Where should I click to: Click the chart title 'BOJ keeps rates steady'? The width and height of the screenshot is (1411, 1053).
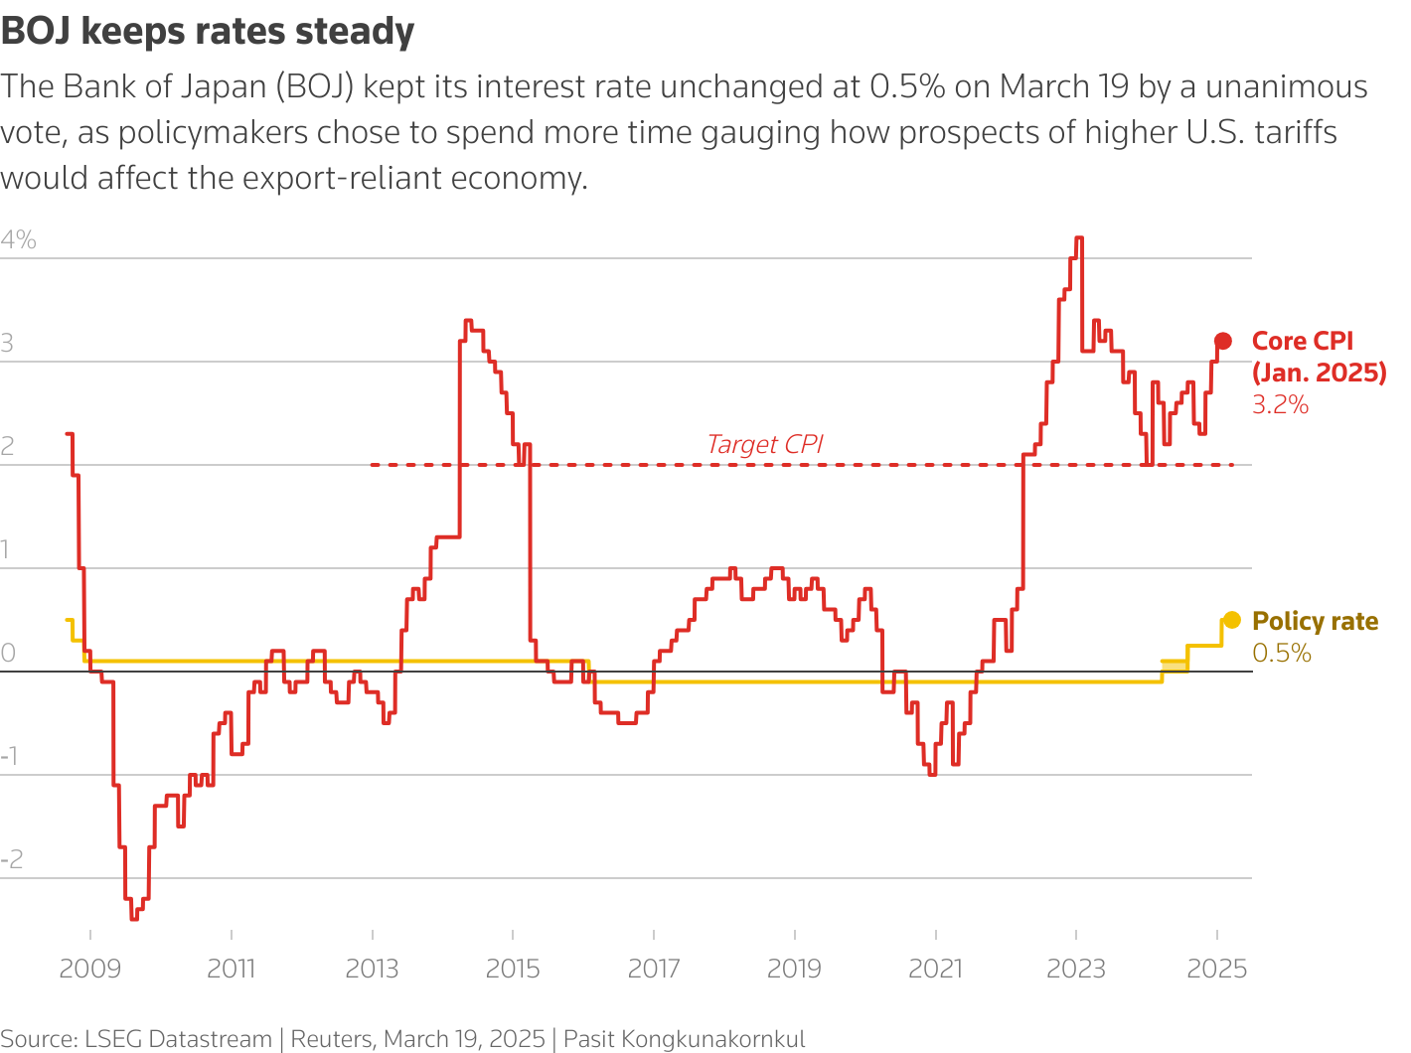pos(208,32)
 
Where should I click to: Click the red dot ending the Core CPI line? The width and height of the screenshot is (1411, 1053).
pos(1223,341)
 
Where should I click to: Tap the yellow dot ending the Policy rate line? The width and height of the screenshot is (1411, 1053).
pos(1232,620)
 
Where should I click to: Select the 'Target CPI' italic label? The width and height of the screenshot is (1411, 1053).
pos(764,444)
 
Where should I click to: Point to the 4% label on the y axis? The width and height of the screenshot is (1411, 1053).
pos(19,239)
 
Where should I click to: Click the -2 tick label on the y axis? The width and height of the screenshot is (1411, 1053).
pos(12,859)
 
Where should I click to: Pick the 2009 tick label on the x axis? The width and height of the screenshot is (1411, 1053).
pos(89,968)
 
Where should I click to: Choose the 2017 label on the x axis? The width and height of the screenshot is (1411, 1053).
pos(654,968)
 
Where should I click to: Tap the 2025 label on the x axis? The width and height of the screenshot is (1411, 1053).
pos(1217,968)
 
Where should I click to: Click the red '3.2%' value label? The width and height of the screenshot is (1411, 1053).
pos(1280,404)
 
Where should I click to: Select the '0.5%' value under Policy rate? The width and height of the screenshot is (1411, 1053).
pos(1282,653)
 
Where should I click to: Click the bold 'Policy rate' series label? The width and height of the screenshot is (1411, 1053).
pos(1315,621)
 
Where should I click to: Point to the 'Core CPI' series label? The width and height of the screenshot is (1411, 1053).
pos(1303,341)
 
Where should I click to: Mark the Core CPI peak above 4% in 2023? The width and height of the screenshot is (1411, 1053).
pos(1079,238)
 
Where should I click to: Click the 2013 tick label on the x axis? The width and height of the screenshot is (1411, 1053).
pos(372,968)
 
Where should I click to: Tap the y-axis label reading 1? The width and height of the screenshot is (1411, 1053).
pos(8,549)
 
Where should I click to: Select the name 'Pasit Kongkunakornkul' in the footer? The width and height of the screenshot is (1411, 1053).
pos(685,1039)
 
